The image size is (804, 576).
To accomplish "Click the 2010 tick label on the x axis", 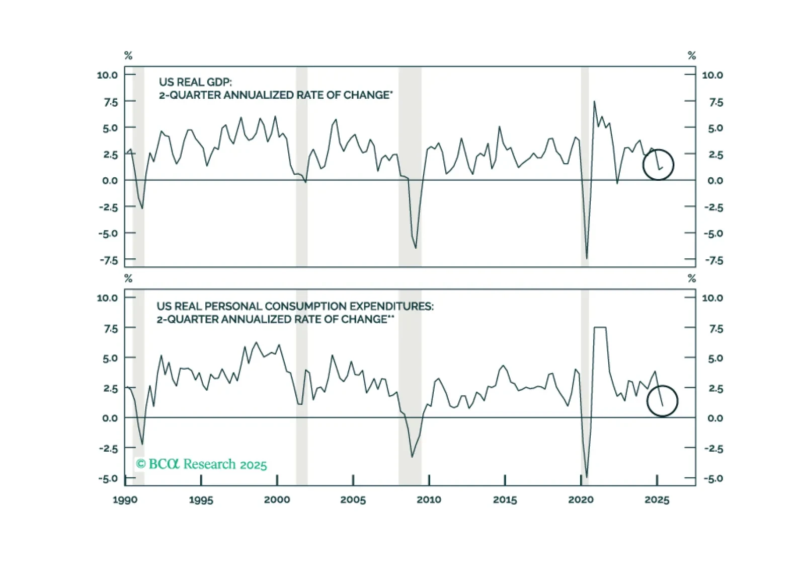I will point(429,500).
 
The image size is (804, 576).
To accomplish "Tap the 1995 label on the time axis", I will point(201,500).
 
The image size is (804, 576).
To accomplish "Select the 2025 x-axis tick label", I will point(657,500).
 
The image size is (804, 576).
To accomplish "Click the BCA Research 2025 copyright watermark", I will point(201,464).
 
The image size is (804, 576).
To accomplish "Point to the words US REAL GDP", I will point(195,82).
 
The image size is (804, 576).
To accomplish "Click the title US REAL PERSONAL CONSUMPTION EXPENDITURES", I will point(295,306).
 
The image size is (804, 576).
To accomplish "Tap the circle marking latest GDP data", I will point(658,165).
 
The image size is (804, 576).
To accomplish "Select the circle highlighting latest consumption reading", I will point(662,401).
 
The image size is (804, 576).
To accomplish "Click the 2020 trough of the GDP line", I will point(587,258).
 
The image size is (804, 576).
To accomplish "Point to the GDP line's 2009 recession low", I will point(416,248).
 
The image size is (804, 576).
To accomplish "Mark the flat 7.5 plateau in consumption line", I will point(600,328).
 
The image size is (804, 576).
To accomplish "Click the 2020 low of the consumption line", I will point(587,477).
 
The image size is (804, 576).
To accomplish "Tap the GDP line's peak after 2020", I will point(594,102).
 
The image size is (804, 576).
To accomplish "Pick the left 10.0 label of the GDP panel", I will point(107,75).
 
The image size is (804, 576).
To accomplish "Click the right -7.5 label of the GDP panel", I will point(713,260).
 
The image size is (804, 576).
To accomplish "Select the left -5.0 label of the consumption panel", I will point(108,478).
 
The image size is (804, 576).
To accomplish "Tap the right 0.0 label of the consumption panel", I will point(714,418).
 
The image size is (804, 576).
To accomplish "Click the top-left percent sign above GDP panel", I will point(128,56).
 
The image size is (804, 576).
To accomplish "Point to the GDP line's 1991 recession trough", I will point(142,208).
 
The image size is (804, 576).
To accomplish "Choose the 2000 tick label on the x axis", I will point(277,500).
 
